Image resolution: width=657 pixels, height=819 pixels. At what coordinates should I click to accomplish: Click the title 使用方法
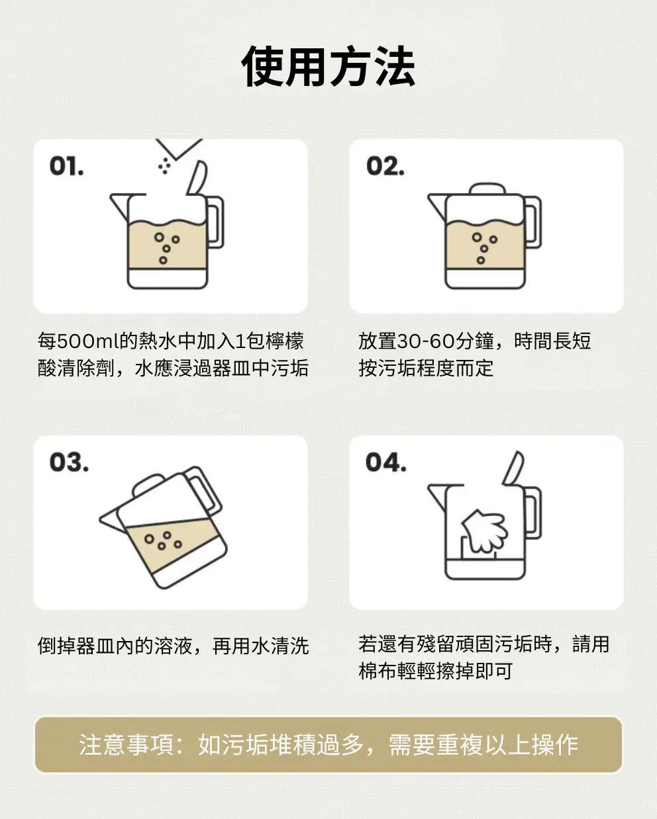click(x=328, y=67)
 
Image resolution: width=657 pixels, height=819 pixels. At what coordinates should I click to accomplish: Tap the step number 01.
click(x=66, y=166)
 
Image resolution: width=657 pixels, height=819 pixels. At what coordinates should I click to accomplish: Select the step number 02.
click(x=385, y=166)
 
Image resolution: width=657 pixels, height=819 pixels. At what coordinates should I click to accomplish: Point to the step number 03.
click(x=69, y=462)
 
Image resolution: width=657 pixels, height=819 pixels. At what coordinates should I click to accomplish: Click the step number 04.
click(x=385, y=462)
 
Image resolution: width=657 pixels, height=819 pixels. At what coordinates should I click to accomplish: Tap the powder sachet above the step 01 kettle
click(x=179, y=148)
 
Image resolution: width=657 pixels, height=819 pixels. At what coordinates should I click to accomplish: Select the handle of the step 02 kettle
click(x=532, y=222)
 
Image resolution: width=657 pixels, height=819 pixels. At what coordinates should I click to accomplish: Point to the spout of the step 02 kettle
click(x=438, y=206)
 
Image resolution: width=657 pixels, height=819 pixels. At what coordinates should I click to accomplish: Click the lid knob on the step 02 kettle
click(x=487, y=189)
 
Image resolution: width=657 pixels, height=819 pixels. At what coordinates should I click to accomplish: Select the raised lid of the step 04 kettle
click(x=513, y=469)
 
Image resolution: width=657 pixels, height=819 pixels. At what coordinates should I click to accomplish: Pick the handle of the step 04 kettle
click(x=532, y=513)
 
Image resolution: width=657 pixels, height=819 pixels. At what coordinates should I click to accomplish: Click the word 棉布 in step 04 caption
click(x=378, y=671)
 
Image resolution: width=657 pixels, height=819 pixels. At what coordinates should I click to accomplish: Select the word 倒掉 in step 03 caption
click(x=56, y=646)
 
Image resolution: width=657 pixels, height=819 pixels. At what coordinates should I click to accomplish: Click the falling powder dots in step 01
click(x=165, y=165)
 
